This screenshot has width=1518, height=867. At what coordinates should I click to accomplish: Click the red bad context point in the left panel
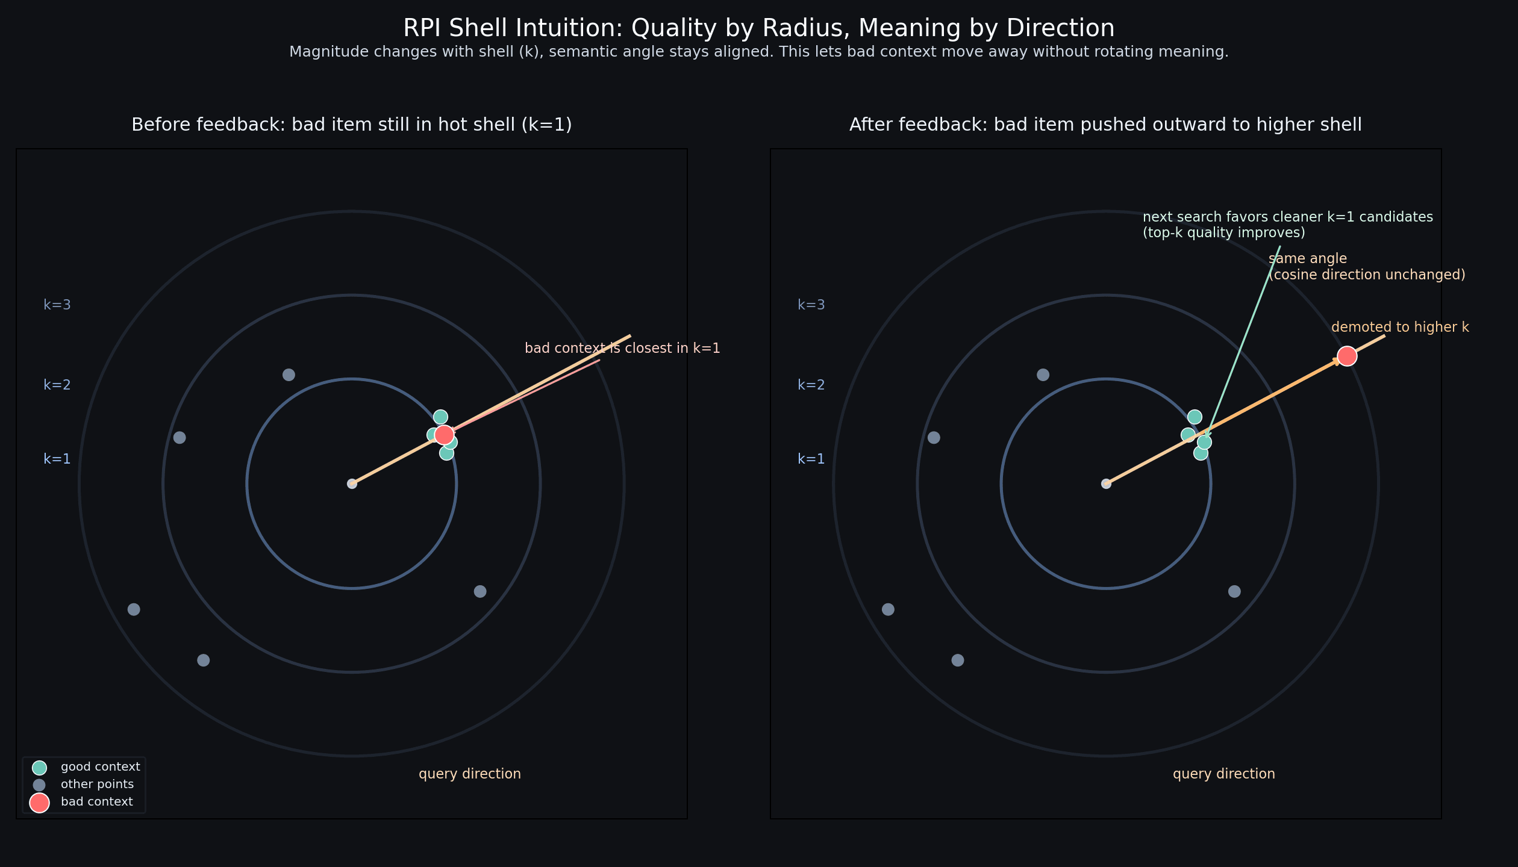click(x=444, y=434)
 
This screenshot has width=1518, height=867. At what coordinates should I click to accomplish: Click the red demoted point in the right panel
click(x=1347, y=356)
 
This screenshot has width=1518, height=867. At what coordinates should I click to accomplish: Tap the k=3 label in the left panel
click(x=57, y=305)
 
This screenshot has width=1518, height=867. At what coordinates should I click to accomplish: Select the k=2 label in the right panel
click(x=811, y=385)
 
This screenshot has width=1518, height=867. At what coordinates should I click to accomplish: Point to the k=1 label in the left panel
click(x=57, y=459)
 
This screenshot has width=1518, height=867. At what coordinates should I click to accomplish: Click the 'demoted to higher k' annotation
click(x=1400, y=327)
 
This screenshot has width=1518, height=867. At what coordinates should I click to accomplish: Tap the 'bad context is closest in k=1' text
click(x=622, y=348)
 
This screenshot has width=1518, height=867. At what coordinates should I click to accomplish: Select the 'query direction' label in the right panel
click(x=1223, y=774)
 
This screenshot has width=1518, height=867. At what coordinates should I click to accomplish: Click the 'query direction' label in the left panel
click(x=469, y=774)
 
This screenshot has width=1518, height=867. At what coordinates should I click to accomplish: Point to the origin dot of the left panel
click(x=352, y=483)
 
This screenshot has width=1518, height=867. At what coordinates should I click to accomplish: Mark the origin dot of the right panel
click(x=1106, y=483)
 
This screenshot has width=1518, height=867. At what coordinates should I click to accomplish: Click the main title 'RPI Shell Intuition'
click(x=758, y=28)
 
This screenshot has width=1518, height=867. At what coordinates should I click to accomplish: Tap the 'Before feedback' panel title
click(x=351, y=125)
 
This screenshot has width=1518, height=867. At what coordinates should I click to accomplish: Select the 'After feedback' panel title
click(x=1105, y=125)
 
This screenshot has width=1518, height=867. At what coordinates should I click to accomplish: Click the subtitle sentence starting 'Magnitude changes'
click(x=758, y=52)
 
